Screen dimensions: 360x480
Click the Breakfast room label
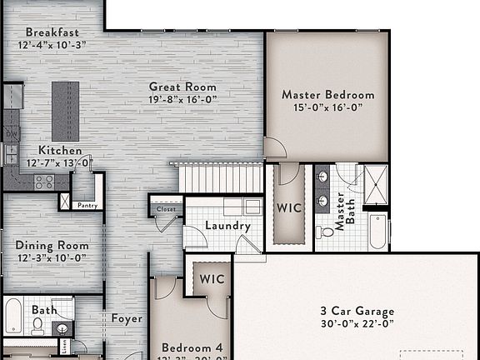52,32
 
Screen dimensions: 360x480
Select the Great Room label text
182,87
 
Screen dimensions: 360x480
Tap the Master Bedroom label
327,95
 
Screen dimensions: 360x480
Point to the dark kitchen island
65,111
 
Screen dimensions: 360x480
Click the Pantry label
87,205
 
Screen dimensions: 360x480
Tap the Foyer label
127,318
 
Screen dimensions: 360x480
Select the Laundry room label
227,226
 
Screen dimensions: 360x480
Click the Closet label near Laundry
167,209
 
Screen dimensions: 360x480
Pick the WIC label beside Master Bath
288,206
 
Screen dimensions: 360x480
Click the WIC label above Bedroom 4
212,279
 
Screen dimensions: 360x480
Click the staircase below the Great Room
221,177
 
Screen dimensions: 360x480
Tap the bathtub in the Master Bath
377,232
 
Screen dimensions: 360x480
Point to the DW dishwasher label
12,133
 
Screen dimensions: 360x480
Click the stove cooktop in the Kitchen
43,180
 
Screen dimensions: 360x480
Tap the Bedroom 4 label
192,347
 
